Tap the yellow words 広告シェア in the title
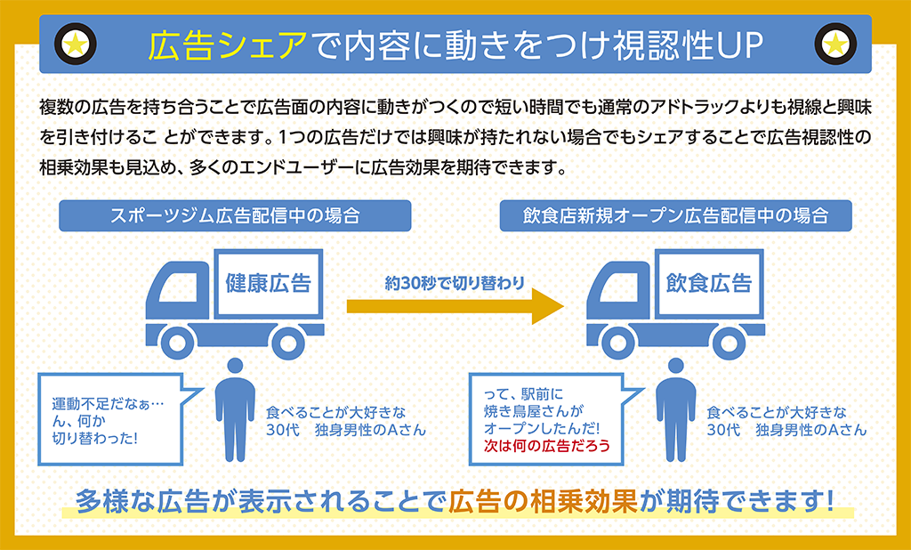click(229, 44)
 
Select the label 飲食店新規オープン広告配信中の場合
click(675, 215)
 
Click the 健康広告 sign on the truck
click(268, 284)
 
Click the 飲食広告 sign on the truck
click(708, 284)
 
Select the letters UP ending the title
click(738, 44)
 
